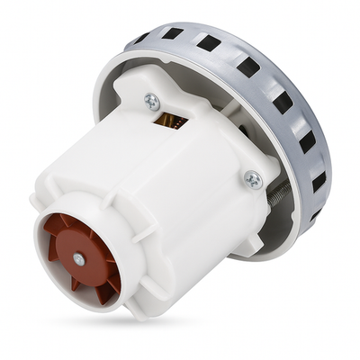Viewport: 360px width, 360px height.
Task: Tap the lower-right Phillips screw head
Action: click(253, 179)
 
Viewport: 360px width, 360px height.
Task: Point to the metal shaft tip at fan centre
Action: click(78, 260)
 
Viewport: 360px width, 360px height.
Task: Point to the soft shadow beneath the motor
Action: click(225, 297)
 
